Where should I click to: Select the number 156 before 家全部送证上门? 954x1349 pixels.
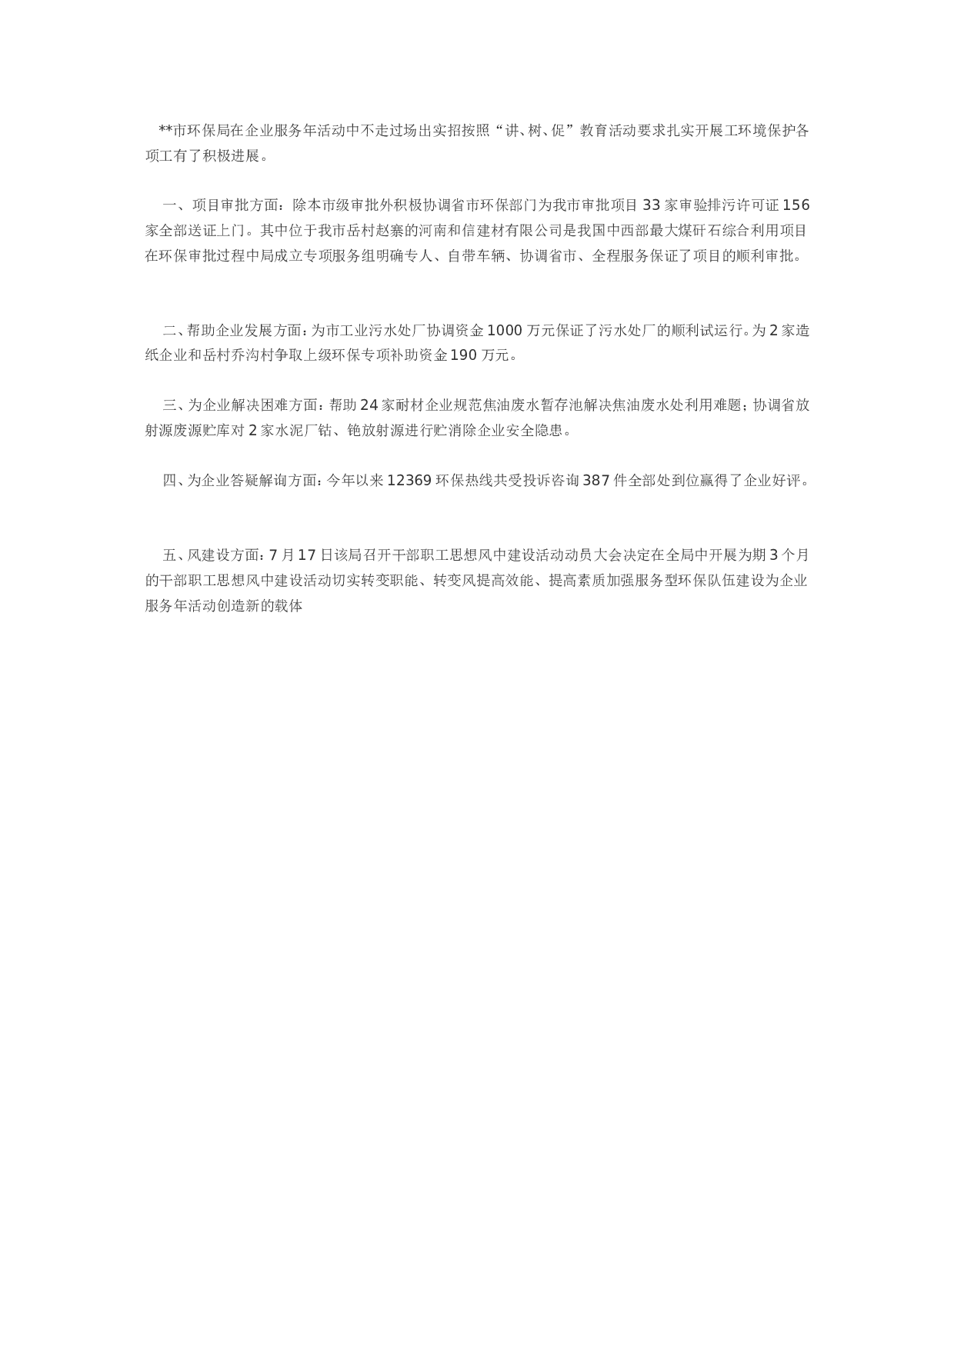[x=796, y=205]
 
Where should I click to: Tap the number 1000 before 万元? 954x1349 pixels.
[x=505, y=331]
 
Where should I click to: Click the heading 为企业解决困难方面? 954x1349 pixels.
[x=252, y=405]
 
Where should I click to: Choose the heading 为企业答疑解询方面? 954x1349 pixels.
[x=252, y=481]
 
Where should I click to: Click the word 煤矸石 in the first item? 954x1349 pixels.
[x=700, y=231]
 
